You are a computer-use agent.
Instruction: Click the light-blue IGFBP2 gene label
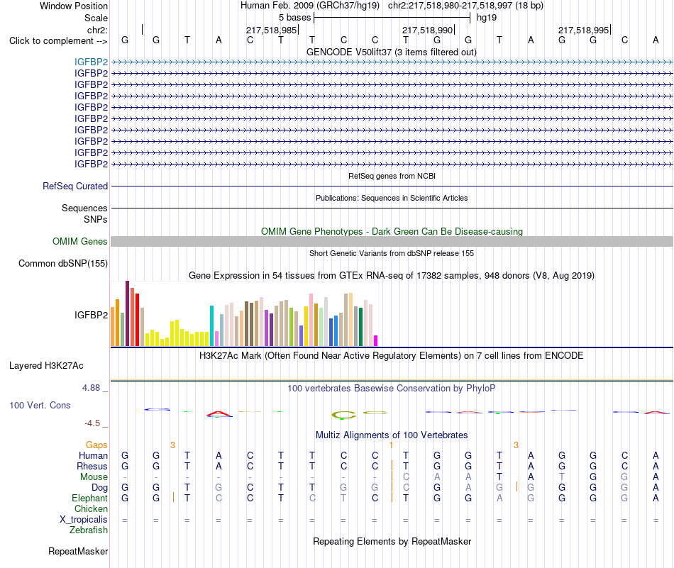click(91, 62)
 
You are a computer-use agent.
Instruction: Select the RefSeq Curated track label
click(75, 186)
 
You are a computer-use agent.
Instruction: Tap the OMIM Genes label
click(80, 242)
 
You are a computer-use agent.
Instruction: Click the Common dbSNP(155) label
click(63, 263)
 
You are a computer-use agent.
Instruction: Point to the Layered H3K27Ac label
click(46, 366)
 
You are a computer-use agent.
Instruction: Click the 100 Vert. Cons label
click(40, 405)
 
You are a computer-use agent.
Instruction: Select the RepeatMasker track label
click(78, 551)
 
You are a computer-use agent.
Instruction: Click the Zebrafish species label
click(89, 530)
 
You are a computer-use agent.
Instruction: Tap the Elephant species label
click(90, 499)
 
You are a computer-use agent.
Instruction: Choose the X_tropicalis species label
click(84, 520)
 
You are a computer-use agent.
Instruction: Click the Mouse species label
click(94, 477)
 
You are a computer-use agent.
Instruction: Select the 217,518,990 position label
click(427, 30)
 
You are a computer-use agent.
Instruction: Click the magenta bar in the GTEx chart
click(376, 340)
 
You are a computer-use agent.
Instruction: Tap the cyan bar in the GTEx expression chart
click(211, 326)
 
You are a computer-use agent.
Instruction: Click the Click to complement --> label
click(58, 41)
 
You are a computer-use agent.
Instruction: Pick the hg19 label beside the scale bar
click(487, 18)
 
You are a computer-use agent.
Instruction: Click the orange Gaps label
click(96, 445)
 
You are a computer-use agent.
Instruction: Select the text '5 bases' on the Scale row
click(295, 18)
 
